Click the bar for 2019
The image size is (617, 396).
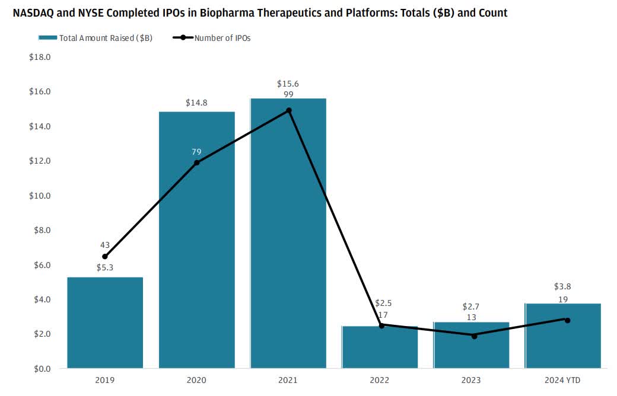[x=105, y=323]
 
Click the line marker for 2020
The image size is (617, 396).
[x=196, y=162]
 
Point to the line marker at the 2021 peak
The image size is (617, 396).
[x=289, y=110]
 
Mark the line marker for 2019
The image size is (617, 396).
[x=105, y=257]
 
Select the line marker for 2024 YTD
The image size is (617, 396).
[x=567, y=320]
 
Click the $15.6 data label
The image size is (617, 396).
[x=288, y=84]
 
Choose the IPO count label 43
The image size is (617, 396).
[x=105, y=245]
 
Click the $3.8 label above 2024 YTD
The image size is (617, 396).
[x=562, y=286]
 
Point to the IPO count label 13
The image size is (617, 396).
[x=471, y=317]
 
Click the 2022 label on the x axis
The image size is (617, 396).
[x=380, y=380]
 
